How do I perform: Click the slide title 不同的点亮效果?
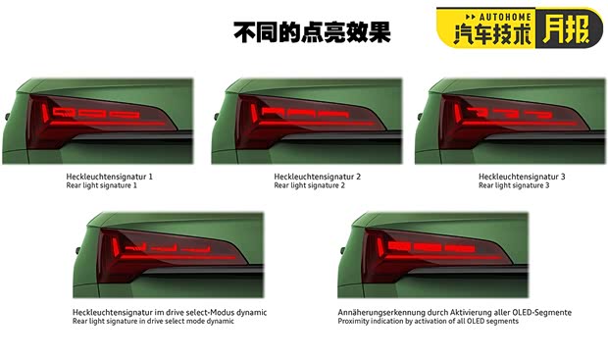[x=312, y=32]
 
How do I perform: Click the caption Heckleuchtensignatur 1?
[x=110, y=176]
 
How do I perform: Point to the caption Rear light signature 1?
[x=101, y=184]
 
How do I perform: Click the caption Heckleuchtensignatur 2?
[x=317, y=176]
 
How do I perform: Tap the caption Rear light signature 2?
[x=309, y=184]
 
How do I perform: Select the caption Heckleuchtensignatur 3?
[x=522, y=176]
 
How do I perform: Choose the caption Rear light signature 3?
[x=513, y=184]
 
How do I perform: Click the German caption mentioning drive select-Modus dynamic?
[x=170, y=312]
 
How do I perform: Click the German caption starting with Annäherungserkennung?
[x=454, y=312]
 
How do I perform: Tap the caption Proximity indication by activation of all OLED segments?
[x=428, y=321]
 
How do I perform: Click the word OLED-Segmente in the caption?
[x=544, y=312]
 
